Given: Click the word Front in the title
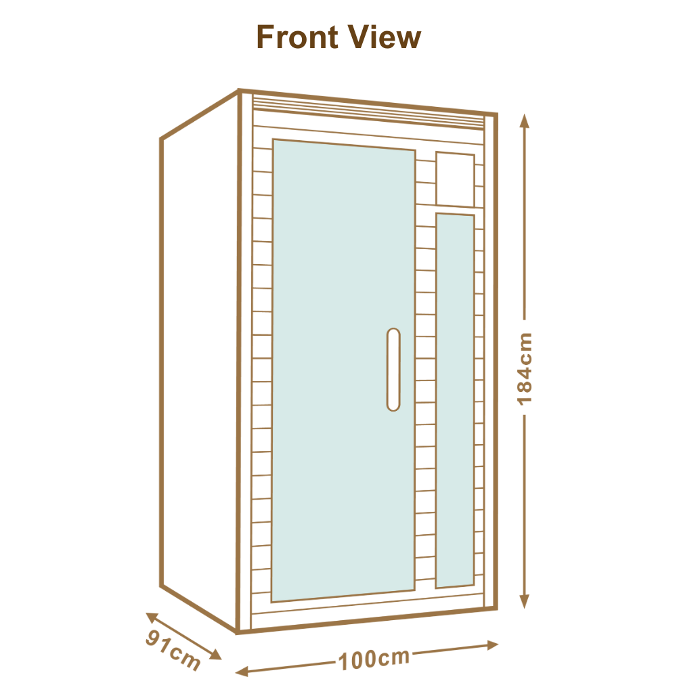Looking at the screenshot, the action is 297,37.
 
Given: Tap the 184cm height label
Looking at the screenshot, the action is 525,369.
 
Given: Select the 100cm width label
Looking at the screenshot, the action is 374,659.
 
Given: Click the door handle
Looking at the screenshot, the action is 393,369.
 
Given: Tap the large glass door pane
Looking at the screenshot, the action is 343,370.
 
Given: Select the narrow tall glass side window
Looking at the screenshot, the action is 455,400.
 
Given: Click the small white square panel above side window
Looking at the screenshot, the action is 455,179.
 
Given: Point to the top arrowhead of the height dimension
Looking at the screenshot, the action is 524,121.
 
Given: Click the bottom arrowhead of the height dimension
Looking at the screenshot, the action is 524,601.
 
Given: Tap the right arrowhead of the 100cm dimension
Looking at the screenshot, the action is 493,645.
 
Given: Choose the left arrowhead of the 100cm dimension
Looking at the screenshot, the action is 242,671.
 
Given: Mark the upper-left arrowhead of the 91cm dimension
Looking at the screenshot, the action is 152,617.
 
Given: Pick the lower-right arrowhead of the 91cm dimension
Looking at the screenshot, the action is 215,655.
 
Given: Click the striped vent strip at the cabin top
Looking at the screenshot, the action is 368,112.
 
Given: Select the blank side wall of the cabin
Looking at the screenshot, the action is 200,363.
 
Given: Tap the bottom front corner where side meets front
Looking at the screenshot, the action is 237,632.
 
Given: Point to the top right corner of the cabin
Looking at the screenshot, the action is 496,115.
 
